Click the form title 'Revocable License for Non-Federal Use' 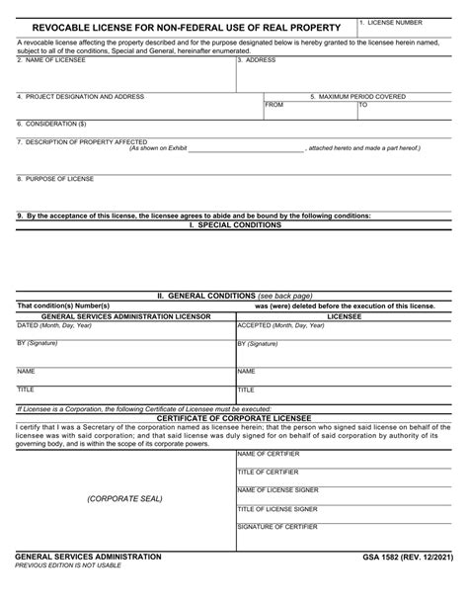pyautogui.click(x=180, y=27)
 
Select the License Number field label pyautogui.click(x=397, y=21)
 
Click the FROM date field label pyautogui.click(x=274, y=104)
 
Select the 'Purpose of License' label pyautogui.click(x=55, y=178)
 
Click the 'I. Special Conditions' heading pyautogui.click(x=234, y=224)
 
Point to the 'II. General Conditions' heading pyautogui.click(x=235, y=296)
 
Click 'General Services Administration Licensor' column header pyautogui.click(x=114, y=315)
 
